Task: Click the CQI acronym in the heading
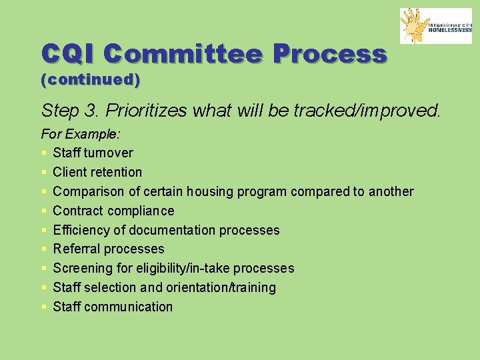[69, 54]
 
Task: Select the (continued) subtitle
[91, 80]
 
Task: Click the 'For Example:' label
[81, 134]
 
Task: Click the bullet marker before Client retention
[44, 173]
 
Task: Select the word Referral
[76, 249]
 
